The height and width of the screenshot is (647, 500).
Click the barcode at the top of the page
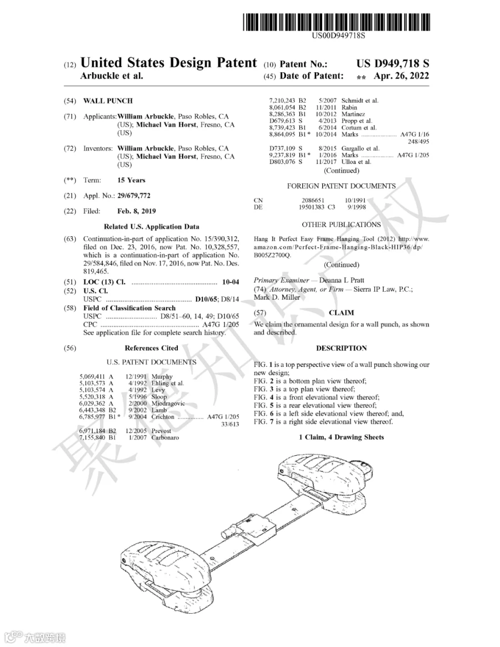(x=336, y=22)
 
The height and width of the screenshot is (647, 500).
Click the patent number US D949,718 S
(x=393, y=63)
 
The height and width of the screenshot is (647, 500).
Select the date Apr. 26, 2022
(x=402, y=76)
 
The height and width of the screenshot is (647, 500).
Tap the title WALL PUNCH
(x=108, y=101)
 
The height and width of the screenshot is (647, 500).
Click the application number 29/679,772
(x=134, y=196)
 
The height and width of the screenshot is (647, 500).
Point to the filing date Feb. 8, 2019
(x=137, y=211)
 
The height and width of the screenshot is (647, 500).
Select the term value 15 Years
(x=131, y=180)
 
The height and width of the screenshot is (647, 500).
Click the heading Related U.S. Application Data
(x=152, y=227)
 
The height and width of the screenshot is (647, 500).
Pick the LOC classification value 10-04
(x=230, y=282)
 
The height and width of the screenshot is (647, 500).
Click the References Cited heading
(x=152, y=349)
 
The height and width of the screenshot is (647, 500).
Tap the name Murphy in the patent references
(x=162, y=376)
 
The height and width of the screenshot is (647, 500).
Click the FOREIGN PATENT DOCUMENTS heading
(x=341, y=186)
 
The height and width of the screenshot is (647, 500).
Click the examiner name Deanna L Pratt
(x=342, y=280)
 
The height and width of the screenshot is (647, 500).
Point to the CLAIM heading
(x=341, y=313)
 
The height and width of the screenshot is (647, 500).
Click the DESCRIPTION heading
(x=341, y=349)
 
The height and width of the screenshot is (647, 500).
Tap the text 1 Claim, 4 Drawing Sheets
(x=341, y=437)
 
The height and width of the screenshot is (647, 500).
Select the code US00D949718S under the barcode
(x=338, y=36)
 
